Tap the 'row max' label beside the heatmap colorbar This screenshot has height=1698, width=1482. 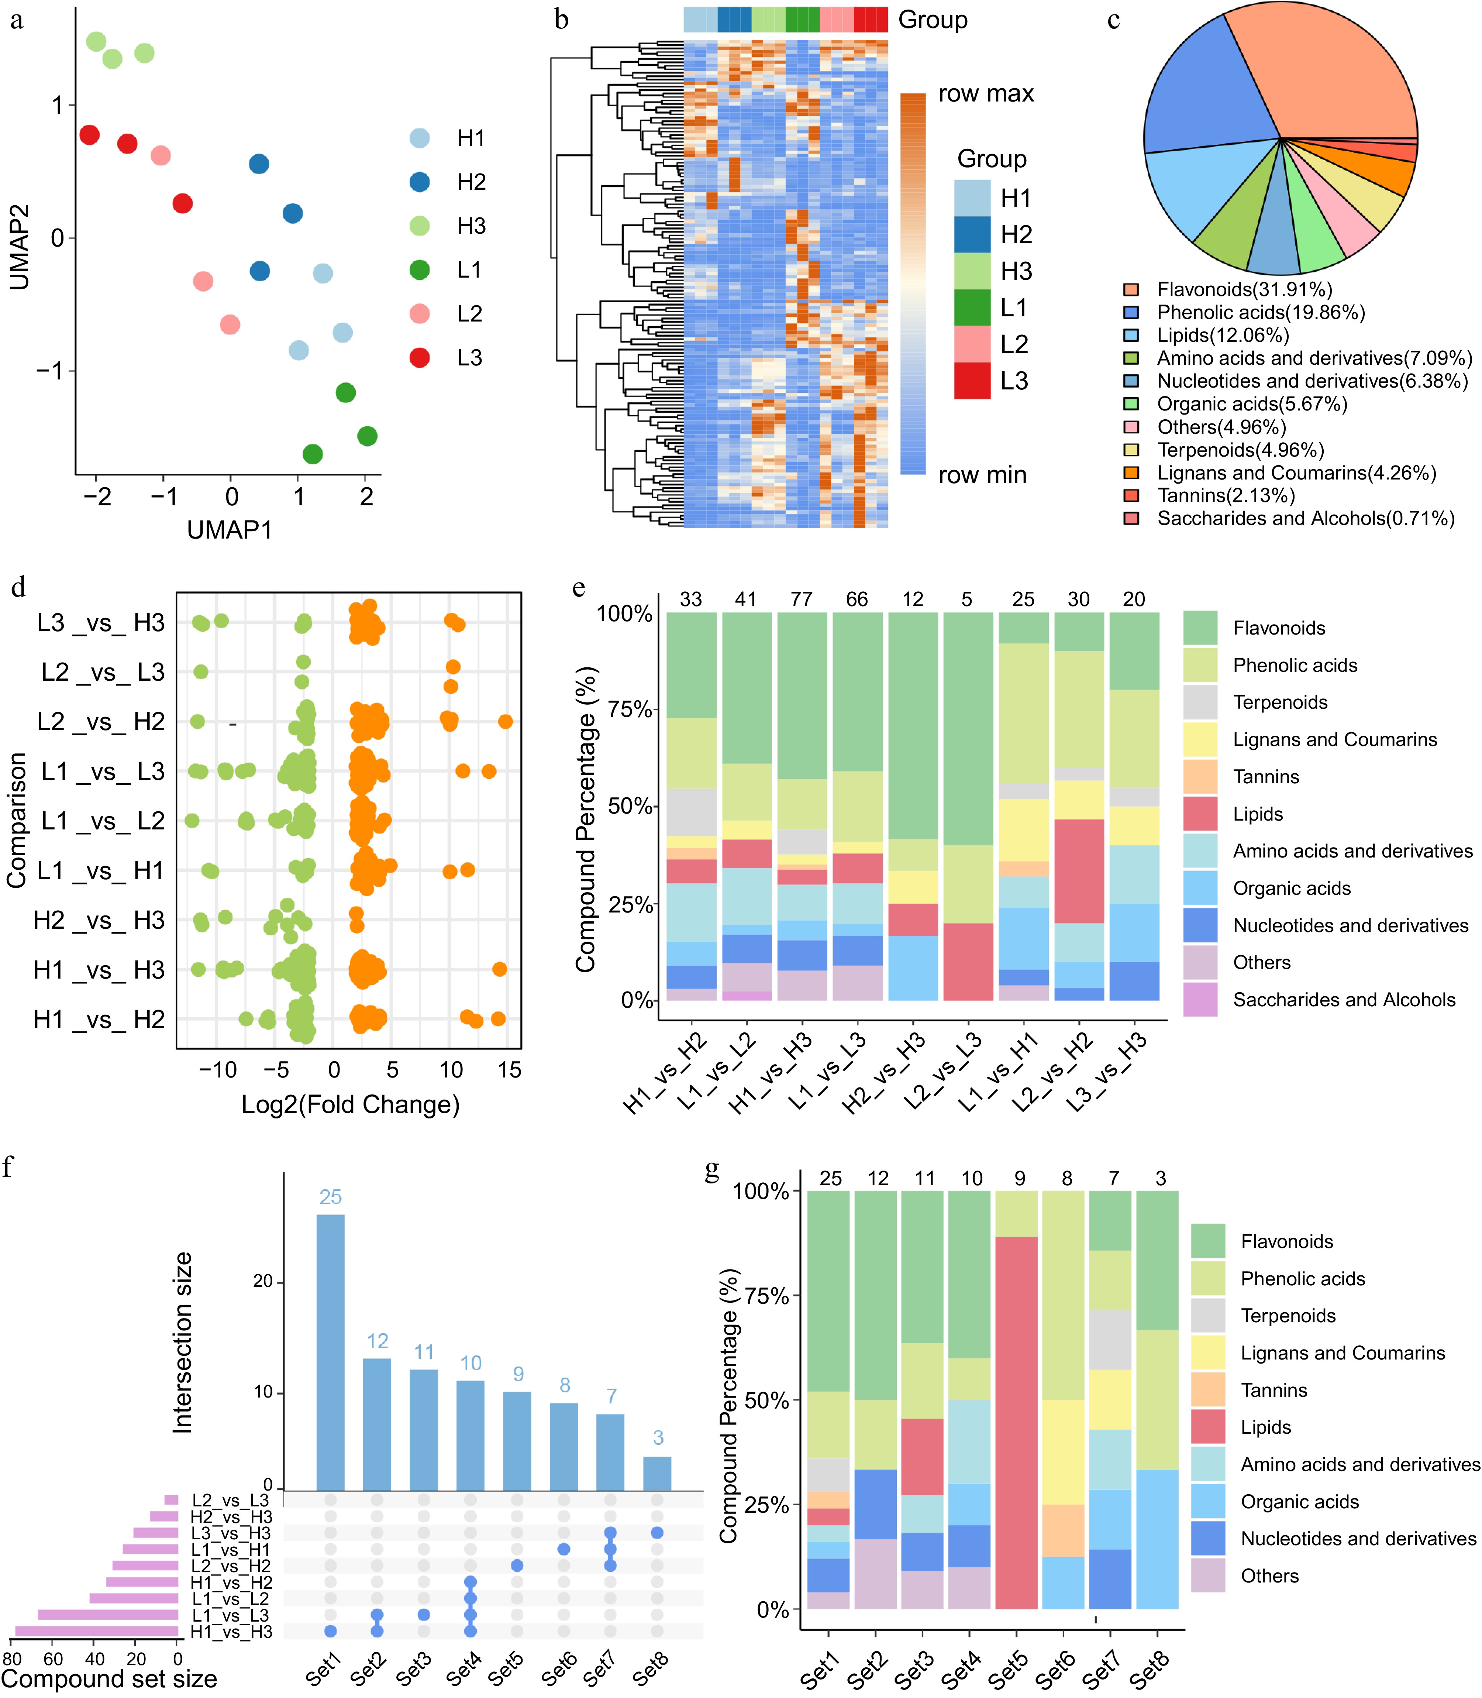tap(986, 93)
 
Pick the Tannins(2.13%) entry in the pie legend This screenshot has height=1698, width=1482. tap(1226, 495)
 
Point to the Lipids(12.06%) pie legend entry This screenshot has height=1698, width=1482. tap(1222, 335)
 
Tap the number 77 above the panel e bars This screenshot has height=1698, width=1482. tap(802, 599)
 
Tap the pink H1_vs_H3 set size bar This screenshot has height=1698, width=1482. tap(97, 1631)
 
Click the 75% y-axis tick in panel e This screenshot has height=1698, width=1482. tap(630, 709)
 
